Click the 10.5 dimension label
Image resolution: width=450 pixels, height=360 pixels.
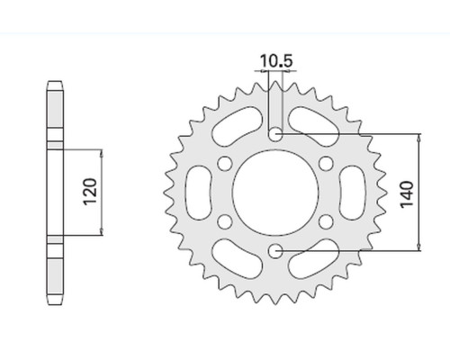(x=276, y=61)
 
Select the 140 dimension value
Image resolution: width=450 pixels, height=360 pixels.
(x=407, y=194)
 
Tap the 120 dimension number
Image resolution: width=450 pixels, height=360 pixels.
(x=90, y=192)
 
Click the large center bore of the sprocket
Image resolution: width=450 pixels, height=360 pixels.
(x=275, y=193)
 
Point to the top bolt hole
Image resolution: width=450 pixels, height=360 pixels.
(x=275, y=134)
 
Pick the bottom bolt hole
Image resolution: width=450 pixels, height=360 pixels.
(x=275, y=251)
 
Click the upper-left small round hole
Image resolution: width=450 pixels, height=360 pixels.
(x=225, y=164)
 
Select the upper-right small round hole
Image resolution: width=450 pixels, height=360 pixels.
(x=326, y=164)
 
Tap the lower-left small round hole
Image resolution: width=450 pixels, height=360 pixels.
(x=225, y=222)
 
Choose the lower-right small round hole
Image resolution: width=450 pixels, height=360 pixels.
(x=326, y=222)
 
